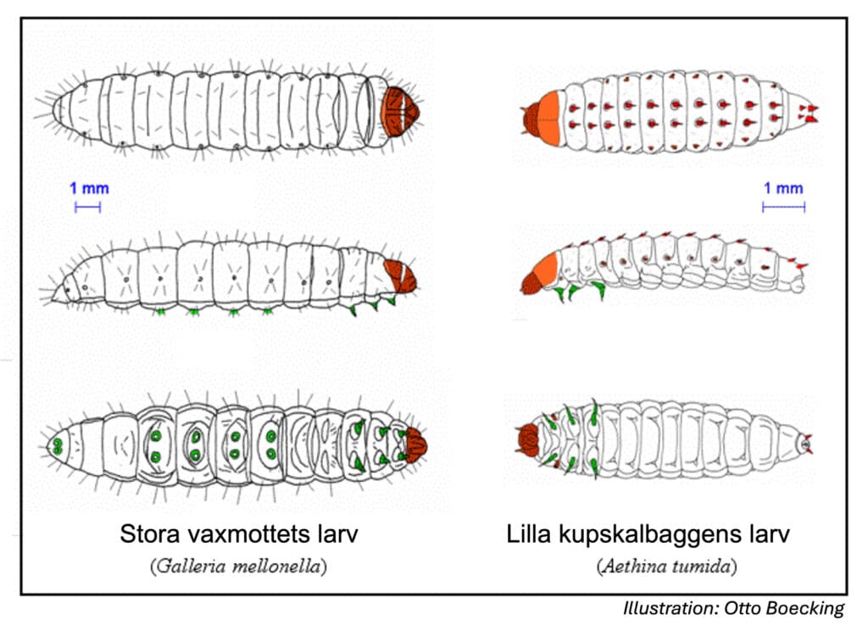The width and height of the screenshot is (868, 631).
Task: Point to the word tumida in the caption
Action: pyautogui.click(x=701, y=567)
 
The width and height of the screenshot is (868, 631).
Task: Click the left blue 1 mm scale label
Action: pyautogui.click(x=89, y=188)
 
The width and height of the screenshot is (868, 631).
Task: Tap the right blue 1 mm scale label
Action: pyautogui.click(x=783, y=188)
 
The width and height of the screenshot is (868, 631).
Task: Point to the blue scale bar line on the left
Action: pyautogui.click(x=88, y=206)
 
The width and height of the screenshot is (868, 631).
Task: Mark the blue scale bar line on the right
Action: pyautogui.click(x=783, y=206)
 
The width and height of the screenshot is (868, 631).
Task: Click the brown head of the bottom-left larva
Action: pyautogui.click(x=415, y=444)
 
